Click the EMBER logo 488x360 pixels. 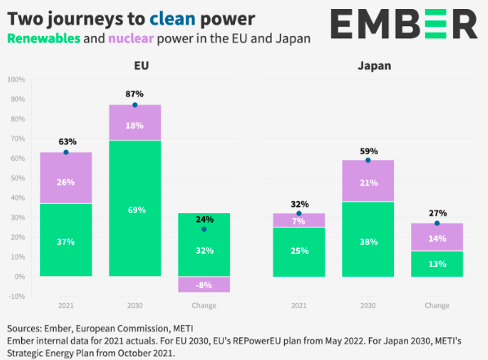[404, 24]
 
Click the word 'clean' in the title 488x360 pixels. [172, 19]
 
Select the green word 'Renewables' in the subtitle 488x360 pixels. [44, 38]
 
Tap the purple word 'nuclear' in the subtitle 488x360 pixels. [131, 38]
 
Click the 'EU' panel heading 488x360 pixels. [141, 65]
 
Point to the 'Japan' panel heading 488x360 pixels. [375, 66]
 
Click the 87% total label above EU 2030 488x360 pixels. [135, 94]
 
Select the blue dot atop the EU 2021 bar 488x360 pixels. [66, 153]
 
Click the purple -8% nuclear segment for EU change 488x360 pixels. [204, 284]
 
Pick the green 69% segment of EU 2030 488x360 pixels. [135, 208]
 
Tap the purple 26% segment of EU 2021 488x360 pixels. [66, 178]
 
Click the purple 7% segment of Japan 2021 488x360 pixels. [299, 220]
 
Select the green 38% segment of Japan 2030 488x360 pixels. [368, 239]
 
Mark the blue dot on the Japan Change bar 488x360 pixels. [437, 224]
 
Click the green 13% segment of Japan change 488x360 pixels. [437, 264]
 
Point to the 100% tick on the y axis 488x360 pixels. [16, 80]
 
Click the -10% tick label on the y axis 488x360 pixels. [16, 296]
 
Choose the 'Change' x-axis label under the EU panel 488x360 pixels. [204, 305]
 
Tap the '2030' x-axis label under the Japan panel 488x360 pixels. [368, 305]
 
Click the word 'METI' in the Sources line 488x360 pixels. [183, 328]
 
